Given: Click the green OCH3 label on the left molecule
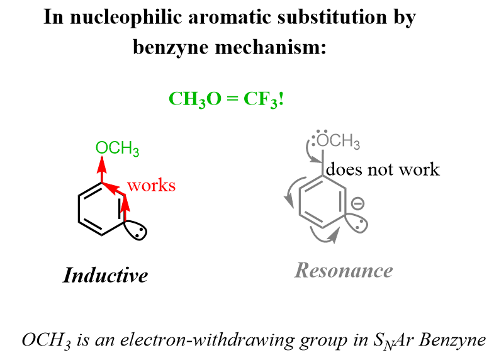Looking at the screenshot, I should (118, 149).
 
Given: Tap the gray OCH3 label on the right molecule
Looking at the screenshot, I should (340, 141).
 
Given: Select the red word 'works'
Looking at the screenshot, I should (151, 186).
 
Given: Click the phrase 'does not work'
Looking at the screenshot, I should (383, 169).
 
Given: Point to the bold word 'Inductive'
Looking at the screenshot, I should (106, 275).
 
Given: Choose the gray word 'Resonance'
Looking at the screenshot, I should (344, 271).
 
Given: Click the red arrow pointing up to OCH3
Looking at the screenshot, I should (100, 170).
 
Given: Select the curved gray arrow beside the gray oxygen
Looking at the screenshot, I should (308, 152).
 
